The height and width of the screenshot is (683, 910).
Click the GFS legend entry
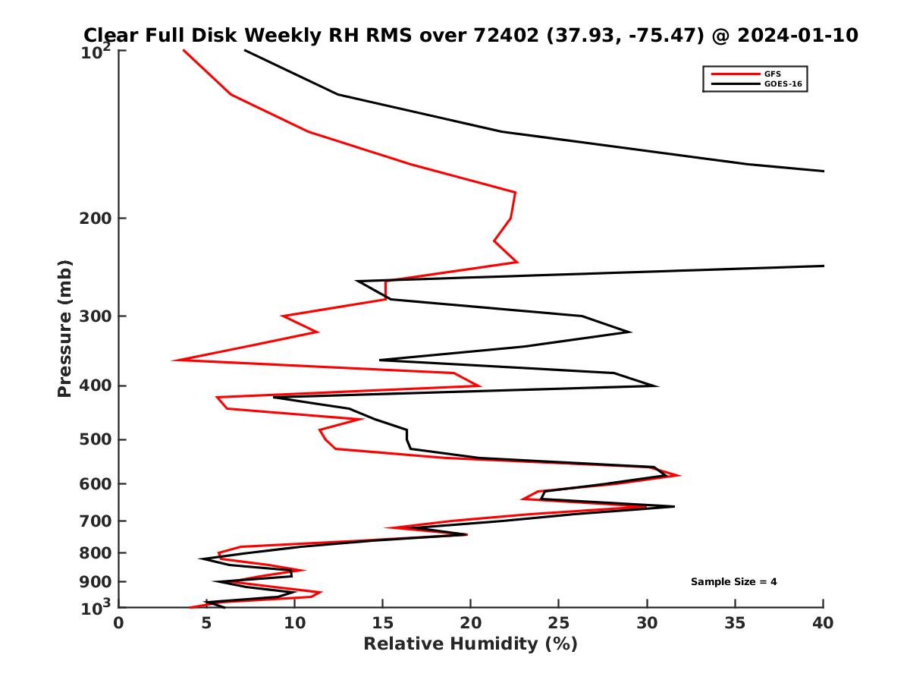[772, 74]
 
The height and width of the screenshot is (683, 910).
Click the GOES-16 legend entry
[782, 83]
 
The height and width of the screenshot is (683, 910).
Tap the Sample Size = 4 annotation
[733, 582]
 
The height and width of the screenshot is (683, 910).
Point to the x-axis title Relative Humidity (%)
[470, 644]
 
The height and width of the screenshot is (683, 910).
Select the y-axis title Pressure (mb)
[64, 329]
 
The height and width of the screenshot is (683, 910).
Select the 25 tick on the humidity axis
[559, 623]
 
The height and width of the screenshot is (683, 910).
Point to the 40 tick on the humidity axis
[823, 623]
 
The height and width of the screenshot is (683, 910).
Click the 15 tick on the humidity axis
[382, 623]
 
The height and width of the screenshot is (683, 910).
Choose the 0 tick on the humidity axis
[118, 623]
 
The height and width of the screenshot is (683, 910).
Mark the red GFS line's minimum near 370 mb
[174, 360]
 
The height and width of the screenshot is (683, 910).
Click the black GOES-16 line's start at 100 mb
[244, 50]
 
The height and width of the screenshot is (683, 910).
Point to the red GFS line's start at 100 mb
[183, 50]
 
